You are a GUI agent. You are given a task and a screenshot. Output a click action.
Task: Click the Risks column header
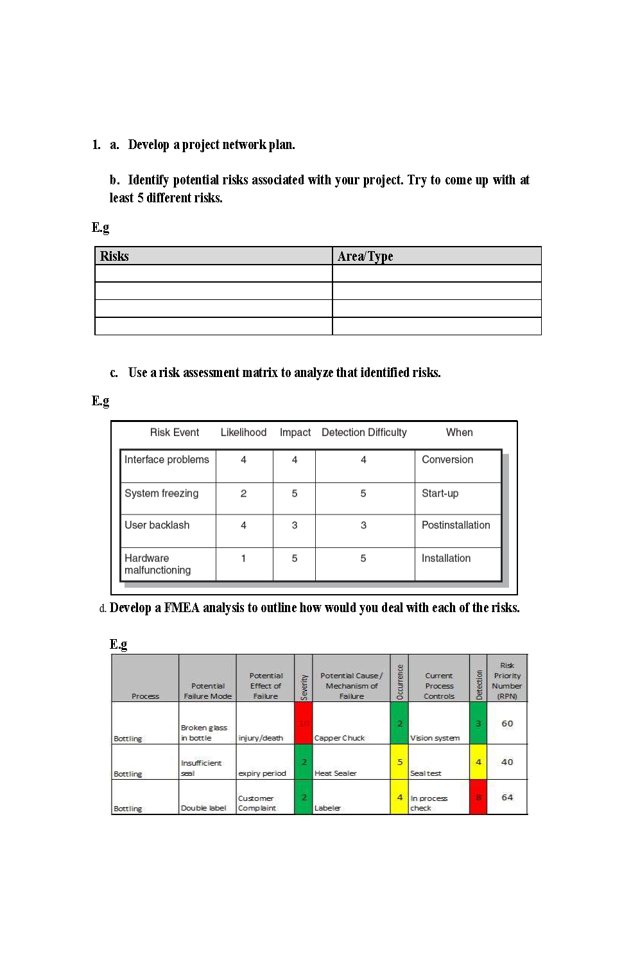coord(114,256)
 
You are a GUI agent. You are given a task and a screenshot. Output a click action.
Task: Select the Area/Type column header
coord(365,256)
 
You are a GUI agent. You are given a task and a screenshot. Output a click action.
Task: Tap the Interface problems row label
coord(167,460)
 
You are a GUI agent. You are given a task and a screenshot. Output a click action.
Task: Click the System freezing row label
coord(162,493)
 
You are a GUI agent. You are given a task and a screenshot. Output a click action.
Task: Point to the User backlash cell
coord(157,525)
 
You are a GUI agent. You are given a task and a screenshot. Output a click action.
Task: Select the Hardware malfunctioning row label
coord(158,564)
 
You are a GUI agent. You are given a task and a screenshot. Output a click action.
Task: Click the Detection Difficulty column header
coord(364,432)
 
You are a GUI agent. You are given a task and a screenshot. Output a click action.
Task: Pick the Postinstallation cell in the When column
coord(456,525)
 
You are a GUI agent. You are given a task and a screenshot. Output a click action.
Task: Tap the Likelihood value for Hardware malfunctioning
coord(243,559)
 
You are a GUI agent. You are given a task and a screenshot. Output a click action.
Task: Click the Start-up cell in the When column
coord(440,493)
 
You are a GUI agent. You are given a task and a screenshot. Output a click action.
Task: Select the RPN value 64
coord(507,797)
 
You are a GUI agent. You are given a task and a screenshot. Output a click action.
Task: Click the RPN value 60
coord(507,723)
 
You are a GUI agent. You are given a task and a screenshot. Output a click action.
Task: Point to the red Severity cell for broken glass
coord(304,723)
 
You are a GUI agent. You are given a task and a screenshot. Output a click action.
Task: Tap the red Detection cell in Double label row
coord(478,797)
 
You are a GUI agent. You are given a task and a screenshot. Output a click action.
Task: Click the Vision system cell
coord(435,738)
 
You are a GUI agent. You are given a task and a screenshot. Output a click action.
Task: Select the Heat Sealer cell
coord(336,773)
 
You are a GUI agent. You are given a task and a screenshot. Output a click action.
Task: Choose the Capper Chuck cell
coord(340,738)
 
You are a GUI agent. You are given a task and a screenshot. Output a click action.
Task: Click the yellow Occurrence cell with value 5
coord(399,762)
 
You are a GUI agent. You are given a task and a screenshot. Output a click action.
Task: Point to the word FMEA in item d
coord(182,608)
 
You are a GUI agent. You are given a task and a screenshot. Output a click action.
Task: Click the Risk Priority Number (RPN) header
coord(507,681)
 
